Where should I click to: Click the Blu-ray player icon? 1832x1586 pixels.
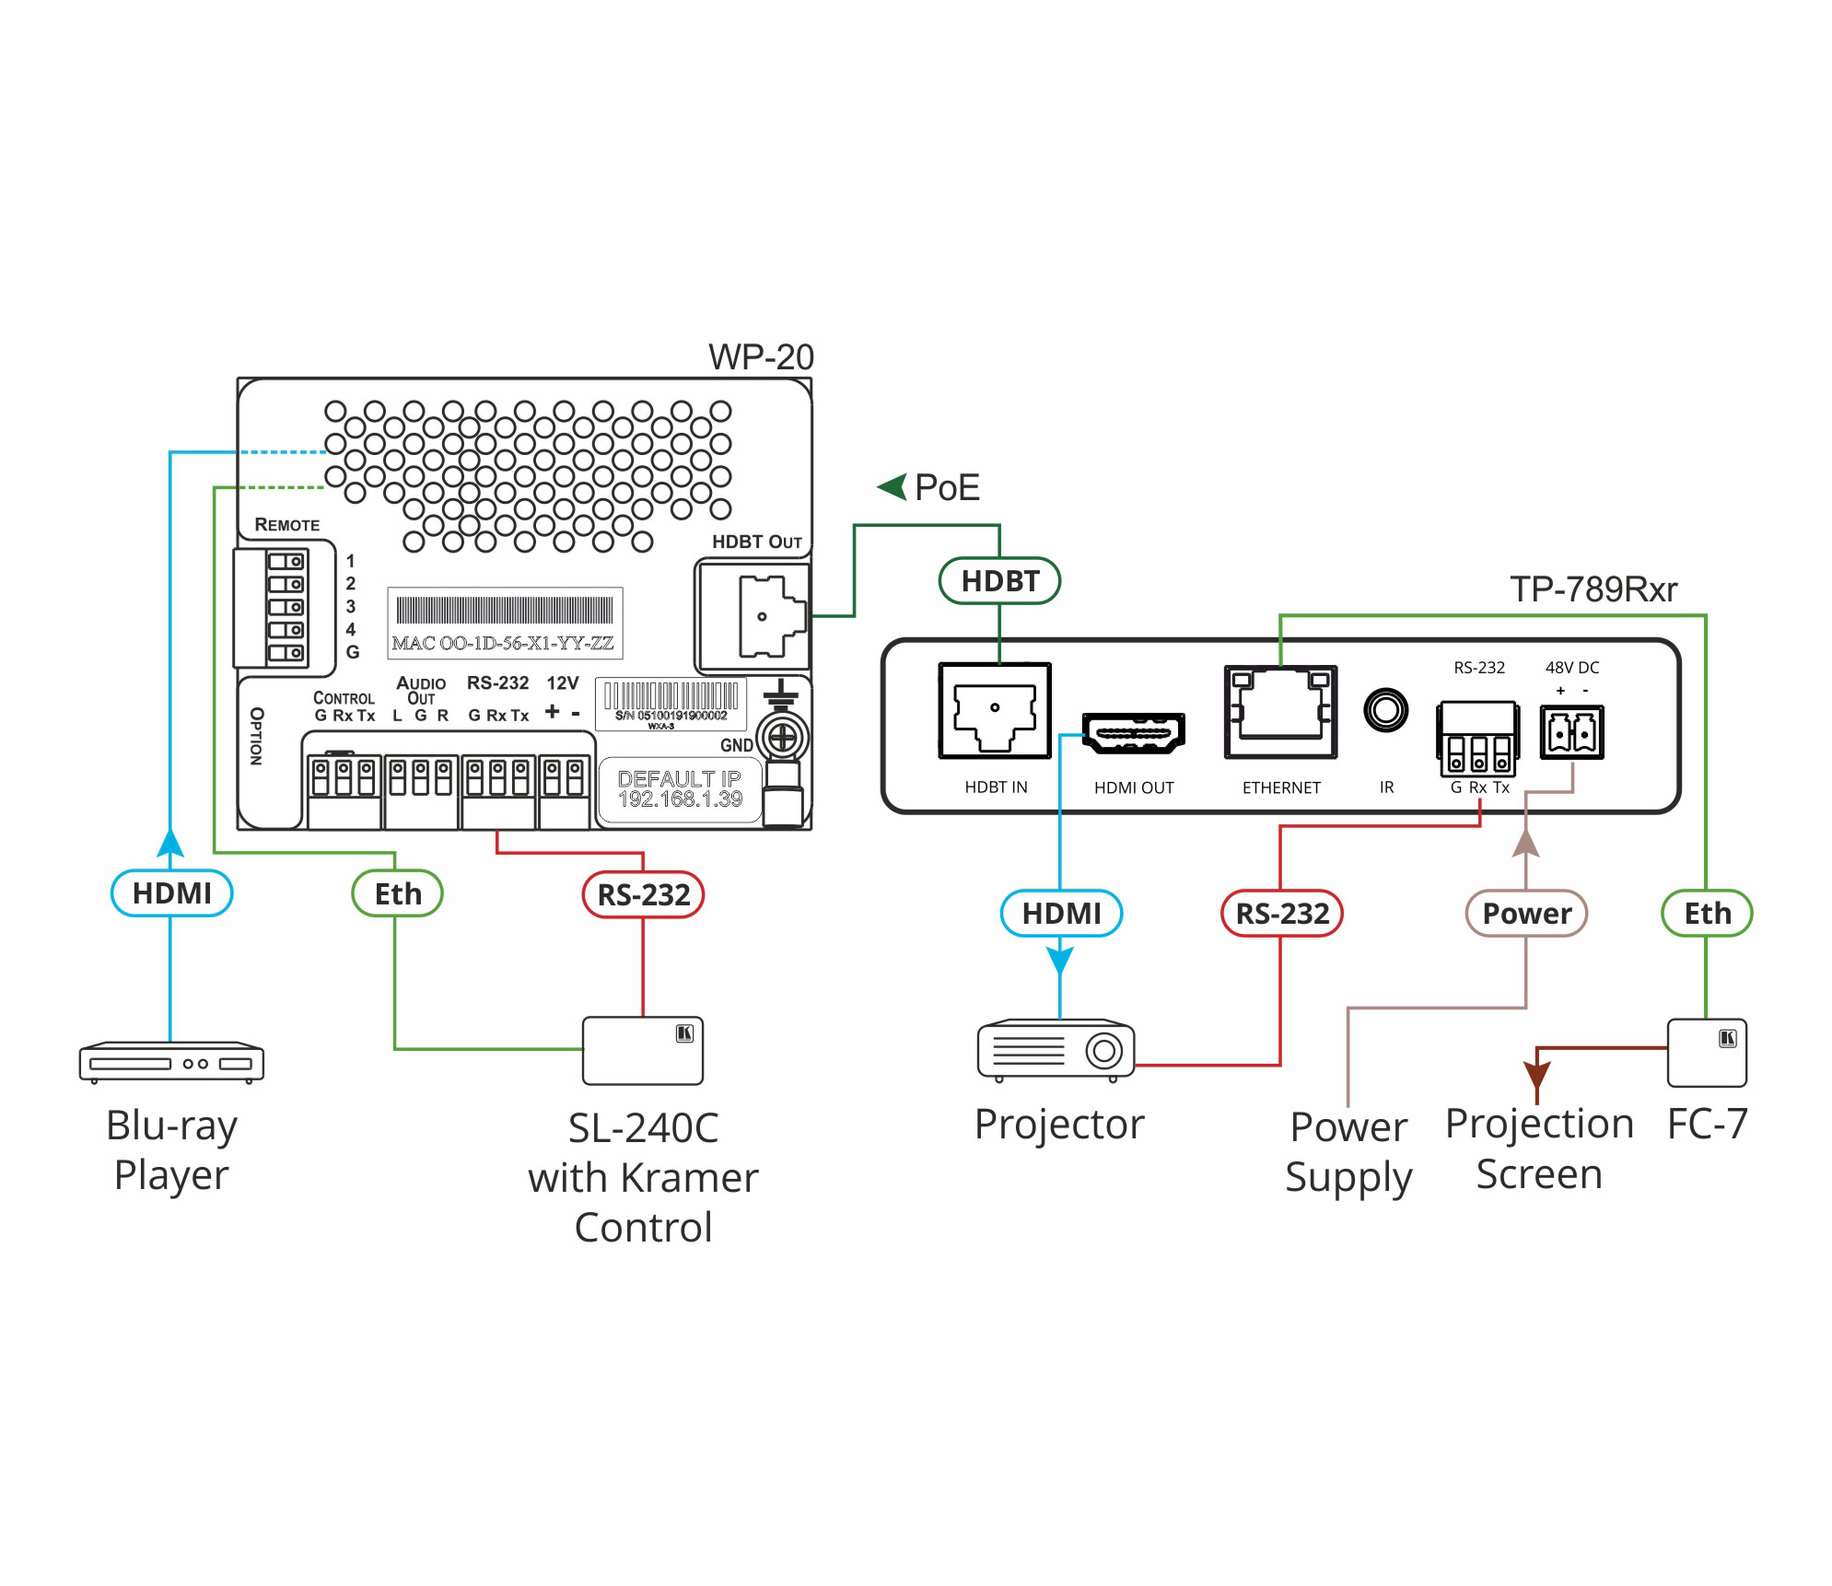171,1062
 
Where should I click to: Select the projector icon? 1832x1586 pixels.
1056,1049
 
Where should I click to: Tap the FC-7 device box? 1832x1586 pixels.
1706,1052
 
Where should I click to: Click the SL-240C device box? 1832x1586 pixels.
642,1050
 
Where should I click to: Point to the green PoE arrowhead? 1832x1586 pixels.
893,487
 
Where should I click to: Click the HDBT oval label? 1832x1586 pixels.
999,581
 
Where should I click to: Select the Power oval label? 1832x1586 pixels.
1525,914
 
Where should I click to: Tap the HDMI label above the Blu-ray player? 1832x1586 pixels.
171,893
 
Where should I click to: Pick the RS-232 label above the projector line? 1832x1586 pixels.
1281,914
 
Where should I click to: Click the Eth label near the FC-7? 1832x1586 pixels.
1706,914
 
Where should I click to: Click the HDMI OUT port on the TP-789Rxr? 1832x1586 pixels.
1133,734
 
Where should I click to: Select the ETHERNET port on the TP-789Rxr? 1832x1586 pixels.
1280,712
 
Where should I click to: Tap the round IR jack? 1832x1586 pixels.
1385,711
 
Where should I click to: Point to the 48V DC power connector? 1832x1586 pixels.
1571,733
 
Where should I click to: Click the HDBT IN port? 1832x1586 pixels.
995,711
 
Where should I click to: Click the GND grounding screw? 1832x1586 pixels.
782,738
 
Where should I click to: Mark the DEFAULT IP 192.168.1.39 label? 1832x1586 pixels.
680,789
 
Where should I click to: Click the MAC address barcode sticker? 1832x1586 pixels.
505,623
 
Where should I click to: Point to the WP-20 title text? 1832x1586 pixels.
760,357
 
